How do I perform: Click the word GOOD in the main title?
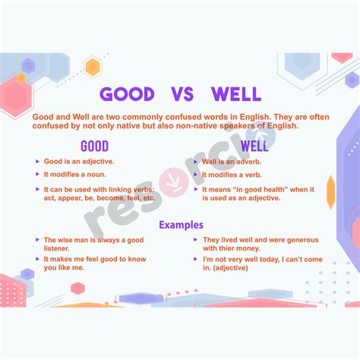128,94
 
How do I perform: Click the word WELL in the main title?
235,94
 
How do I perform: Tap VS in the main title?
182,94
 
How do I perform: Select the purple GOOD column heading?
94,145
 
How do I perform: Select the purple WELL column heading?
254,145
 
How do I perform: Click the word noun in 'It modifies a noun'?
100,175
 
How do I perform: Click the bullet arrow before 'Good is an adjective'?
37,162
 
